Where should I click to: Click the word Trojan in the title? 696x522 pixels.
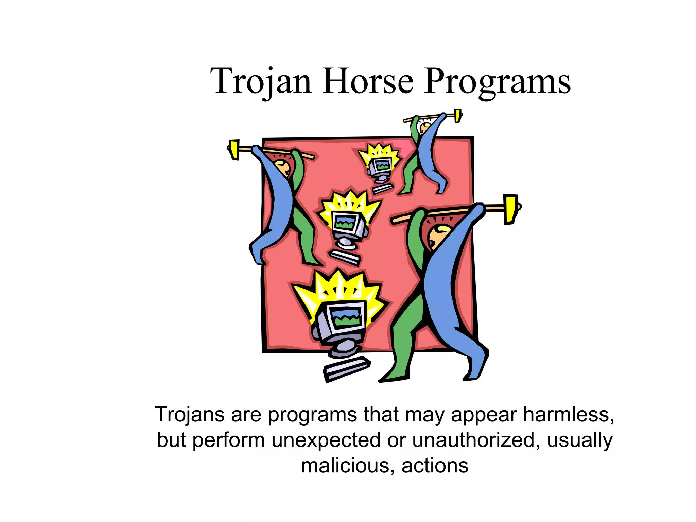coord(261,82)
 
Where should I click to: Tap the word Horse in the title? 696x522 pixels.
coord(368,82)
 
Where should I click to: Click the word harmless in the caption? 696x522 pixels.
coord(568,415)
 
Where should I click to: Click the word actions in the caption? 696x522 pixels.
coord(435,466)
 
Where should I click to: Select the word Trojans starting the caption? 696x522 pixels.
coord(190,415)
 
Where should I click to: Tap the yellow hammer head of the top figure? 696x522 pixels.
coord(458,116)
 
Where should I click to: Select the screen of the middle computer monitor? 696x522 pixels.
coord(345,223)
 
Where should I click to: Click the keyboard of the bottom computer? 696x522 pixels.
coord(347,369)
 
